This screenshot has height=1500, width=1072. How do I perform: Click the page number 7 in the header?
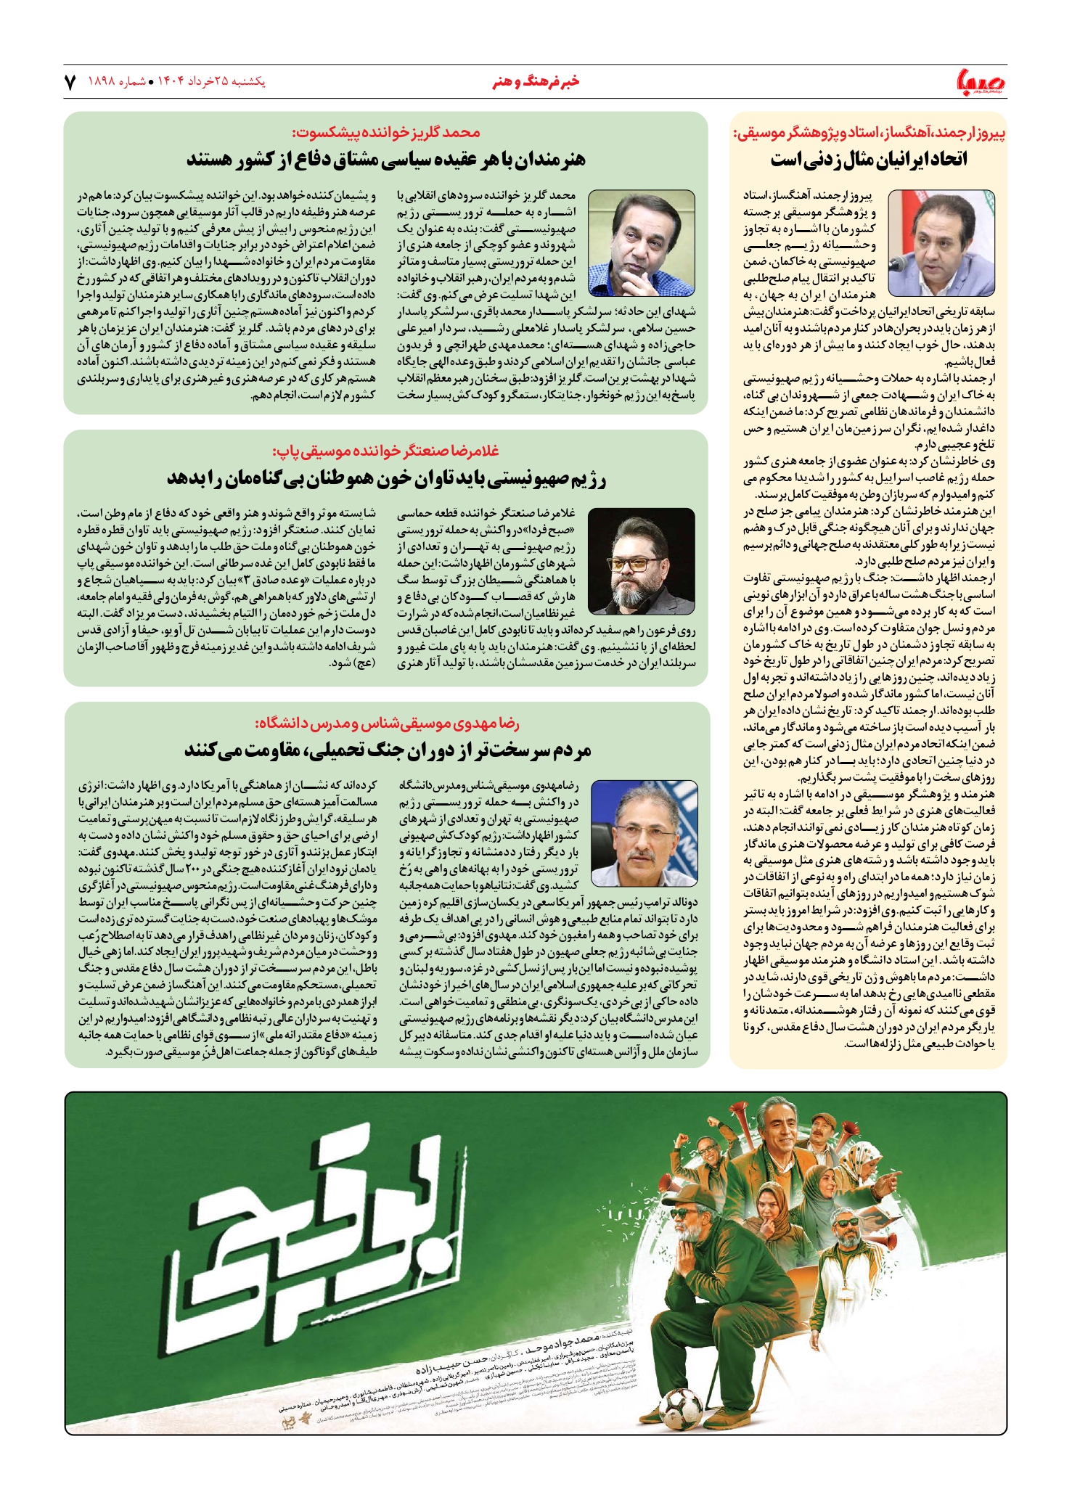pos(70,83)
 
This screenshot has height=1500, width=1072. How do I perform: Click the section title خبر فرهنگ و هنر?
pos(536,82)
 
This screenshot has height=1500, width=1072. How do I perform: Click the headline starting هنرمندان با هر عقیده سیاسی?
pos(385,159)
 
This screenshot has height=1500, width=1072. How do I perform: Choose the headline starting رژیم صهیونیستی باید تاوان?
pos(386,478)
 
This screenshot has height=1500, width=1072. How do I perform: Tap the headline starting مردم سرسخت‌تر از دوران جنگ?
pos(388,750)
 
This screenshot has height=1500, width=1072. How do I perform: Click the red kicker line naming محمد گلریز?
pos(386,133)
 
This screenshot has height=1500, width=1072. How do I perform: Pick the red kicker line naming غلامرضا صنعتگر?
pos(386,451)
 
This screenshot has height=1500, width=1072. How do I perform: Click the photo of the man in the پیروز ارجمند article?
pos(941,242)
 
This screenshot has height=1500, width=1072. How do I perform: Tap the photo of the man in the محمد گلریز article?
pos(641,243)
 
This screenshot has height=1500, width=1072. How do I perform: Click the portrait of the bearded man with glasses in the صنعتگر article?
pos(641,561)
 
